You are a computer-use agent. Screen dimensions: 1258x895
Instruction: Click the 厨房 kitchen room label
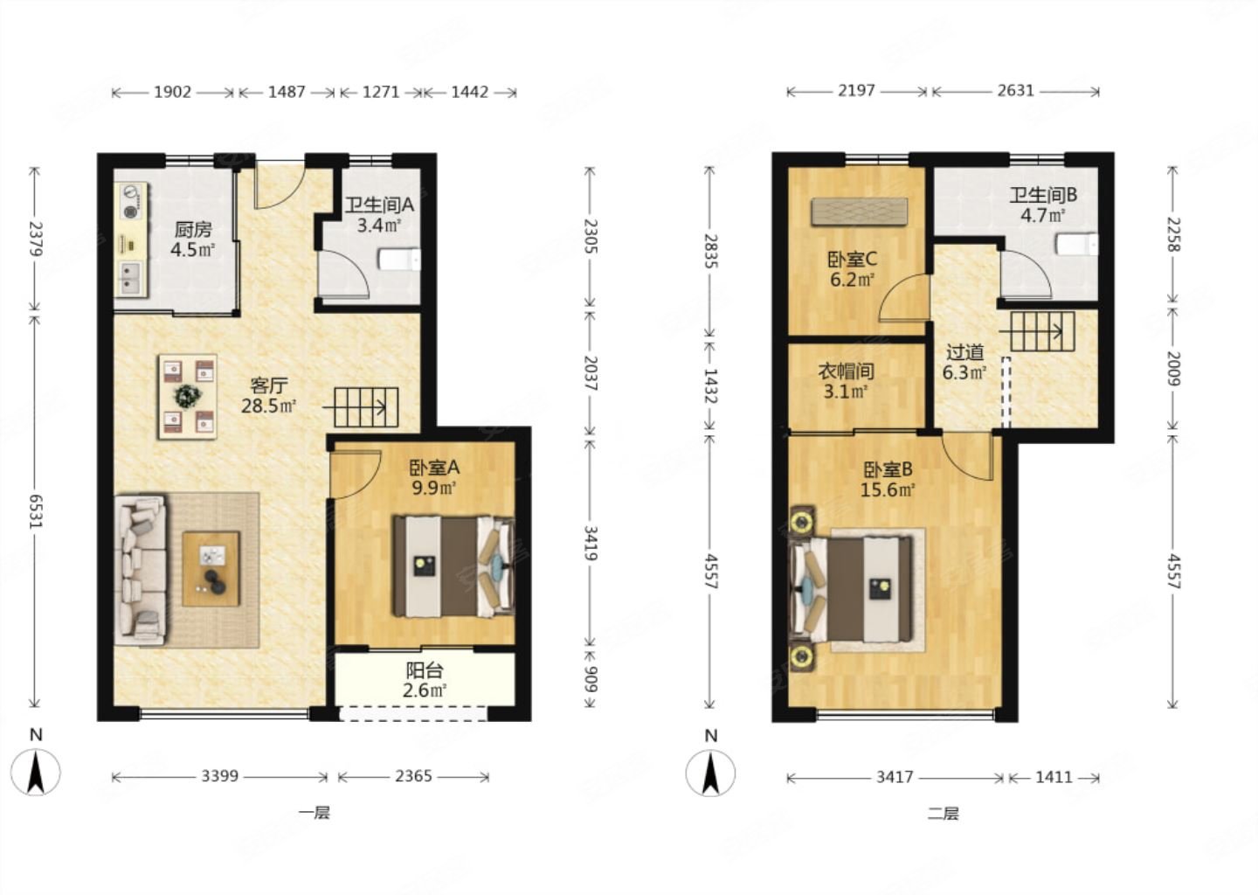[192, 229]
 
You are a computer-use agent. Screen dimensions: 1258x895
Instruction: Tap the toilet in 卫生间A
[400, 260]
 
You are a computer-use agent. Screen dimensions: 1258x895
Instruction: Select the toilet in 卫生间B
[1076, 245]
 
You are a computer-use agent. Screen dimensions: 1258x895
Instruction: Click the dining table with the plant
[188, 396]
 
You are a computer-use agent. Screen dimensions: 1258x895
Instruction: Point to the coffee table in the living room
[211, 569]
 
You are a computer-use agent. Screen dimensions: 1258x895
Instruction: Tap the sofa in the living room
[141, 570]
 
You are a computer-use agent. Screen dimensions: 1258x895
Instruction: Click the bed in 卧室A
[453, 566]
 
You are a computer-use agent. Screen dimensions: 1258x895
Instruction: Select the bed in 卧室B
[850, 589]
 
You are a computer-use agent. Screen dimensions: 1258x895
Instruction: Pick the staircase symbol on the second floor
[1037, 331]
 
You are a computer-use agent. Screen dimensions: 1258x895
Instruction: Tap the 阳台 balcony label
[425, 670]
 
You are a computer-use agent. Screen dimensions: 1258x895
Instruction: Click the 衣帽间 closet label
[846, 371]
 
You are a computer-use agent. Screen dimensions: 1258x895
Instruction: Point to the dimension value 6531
[35, 511]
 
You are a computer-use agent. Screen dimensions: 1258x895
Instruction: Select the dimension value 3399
[220, 776]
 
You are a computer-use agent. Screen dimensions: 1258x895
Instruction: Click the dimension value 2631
[1016, 90]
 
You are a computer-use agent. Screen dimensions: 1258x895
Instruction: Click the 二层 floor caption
[943, 814]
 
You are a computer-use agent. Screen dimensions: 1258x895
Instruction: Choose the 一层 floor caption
[314, 813]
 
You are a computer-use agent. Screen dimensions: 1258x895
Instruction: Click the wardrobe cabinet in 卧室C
[860, 212]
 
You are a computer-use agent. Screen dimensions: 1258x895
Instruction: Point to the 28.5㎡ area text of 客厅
[268, 406]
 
